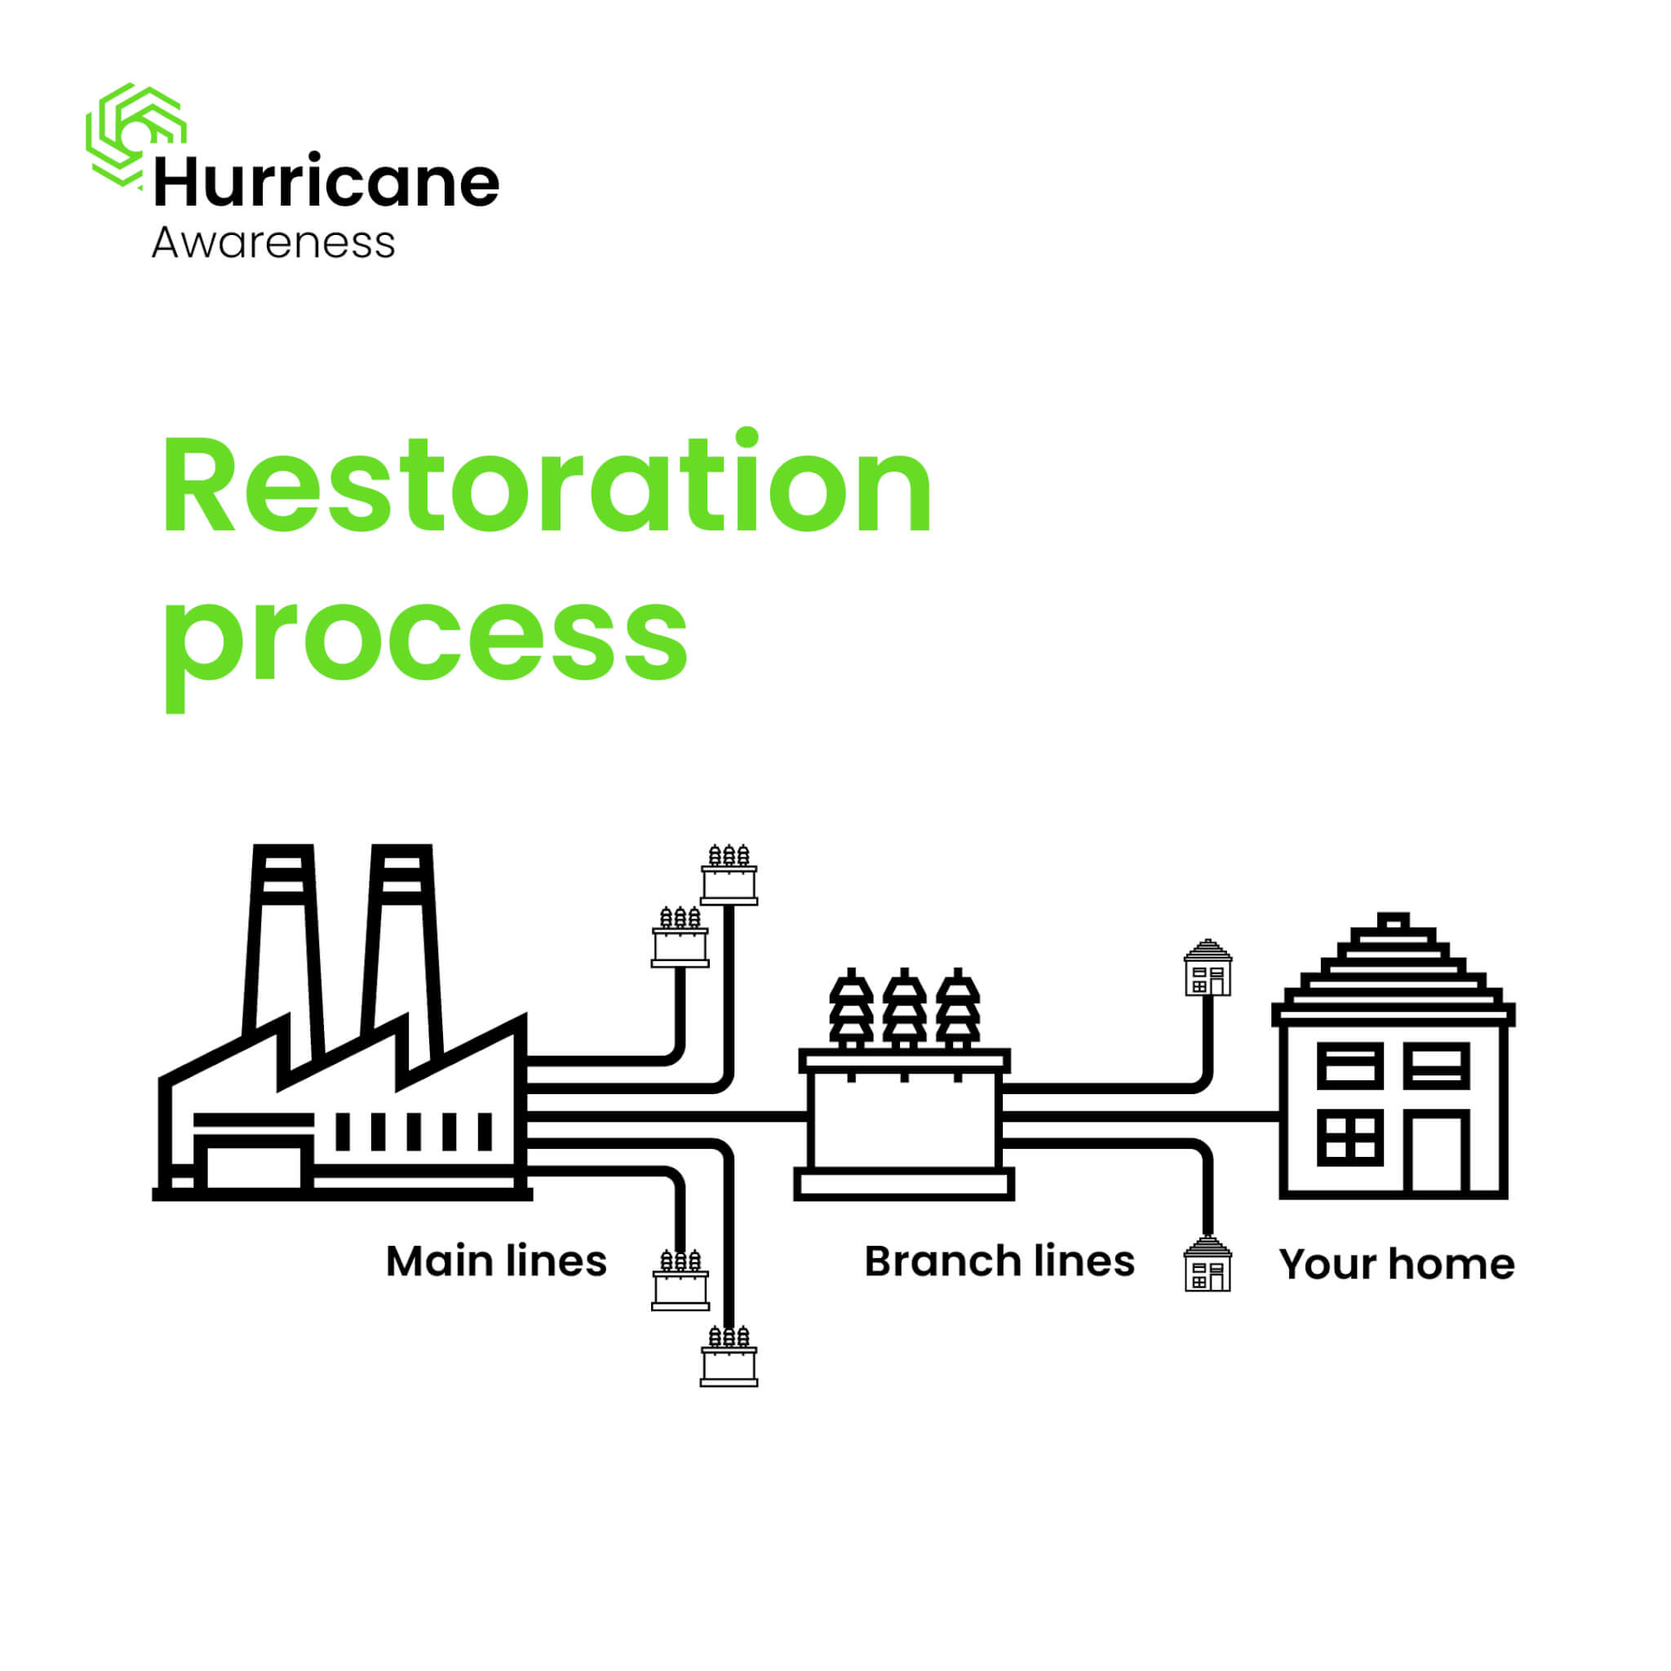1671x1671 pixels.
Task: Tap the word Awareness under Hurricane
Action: pyautogui.click(x=273, y=242)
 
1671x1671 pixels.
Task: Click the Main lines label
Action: pyautogui.click(x=496, y=1261)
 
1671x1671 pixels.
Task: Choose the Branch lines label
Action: pyautogui.click(x=999, y=1261)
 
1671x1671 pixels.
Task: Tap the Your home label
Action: pyautogui.click(x=1397, y=1265)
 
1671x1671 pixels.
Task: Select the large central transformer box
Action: pyautogui.click(x=904, y=1124)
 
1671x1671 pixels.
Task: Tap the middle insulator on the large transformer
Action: pyautogui.click(x=904, y=1008)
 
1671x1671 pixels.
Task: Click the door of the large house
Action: pyautogui.click(x=1437, y=1152)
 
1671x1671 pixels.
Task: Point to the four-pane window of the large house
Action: pyautogui.click(x=1350, y=1137)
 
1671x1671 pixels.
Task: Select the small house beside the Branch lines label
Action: pyautogui.click(x=1208, y=1264)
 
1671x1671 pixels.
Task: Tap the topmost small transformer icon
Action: pyautogui.click(x=729, y=875)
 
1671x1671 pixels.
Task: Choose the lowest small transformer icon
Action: pyautogui.click(x=729, y=1356)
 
